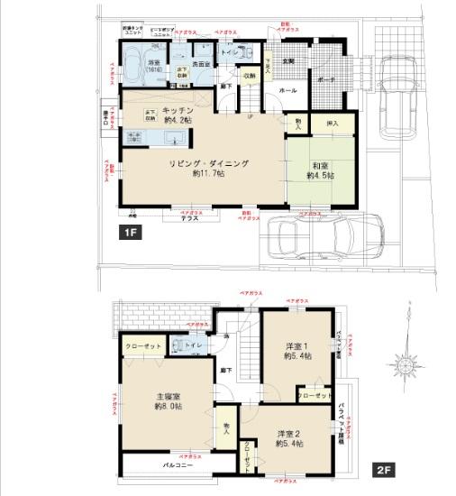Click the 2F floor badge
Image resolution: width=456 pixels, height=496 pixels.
(383, 471)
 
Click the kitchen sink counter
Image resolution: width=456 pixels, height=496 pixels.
(157, 137)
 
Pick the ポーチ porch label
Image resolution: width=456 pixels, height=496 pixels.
(328, 79)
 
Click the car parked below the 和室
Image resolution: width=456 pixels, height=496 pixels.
(315, 238)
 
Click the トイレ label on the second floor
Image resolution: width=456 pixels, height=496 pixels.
(192, 346)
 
